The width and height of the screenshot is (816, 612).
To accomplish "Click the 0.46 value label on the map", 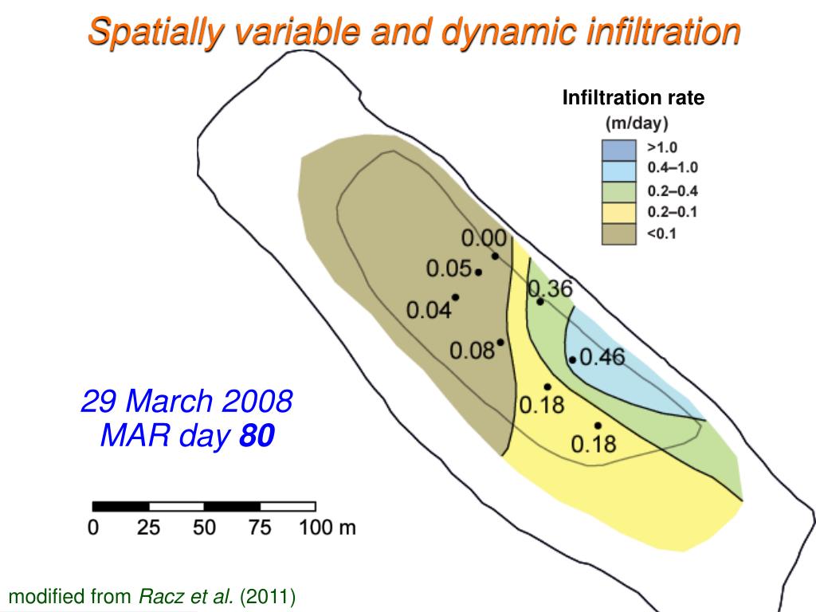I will [x=602, y=357].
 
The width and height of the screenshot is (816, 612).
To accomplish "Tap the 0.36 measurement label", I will [x=551, y=288].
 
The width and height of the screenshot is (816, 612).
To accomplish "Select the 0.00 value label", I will [x=484, y=237].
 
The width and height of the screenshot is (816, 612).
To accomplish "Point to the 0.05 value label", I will [x=449, y=269].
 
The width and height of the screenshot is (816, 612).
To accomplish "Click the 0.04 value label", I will [x=430, y=310].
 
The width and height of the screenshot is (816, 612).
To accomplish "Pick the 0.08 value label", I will [x=473, y=351].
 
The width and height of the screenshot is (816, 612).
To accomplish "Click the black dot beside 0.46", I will [x=573, y=359].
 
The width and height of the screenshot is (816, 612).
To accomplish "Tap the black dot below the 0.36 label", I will [x=540, y=301].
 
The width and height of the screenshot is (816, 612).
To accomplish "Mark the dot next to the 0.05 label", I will [x=478, y=273].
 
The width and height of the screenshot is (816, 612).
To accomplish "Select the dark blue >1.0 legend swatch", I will [x=618, y=149].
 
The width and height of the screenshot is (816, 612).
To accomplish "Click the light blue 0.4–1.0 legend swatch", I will [x=618, y=170].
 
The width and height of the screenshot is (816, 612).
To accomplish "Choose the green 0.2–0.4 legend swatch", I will [x=618, y=191].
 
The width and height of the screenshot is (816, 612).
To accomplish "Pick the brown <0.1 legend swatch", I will [x=618, y=234].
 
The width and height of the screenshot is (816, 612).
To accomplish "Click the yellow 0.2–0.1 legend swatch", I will [x=618, y=213].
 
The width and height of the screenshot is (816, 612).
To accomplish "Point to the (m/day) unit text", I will [x=637, y=124].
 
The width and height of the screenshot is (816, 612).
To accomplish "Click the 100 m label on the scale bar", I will [x=328, y=528].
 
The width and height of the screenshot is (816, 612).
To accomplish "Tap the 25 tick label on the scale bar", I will [x=149, y=528].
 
